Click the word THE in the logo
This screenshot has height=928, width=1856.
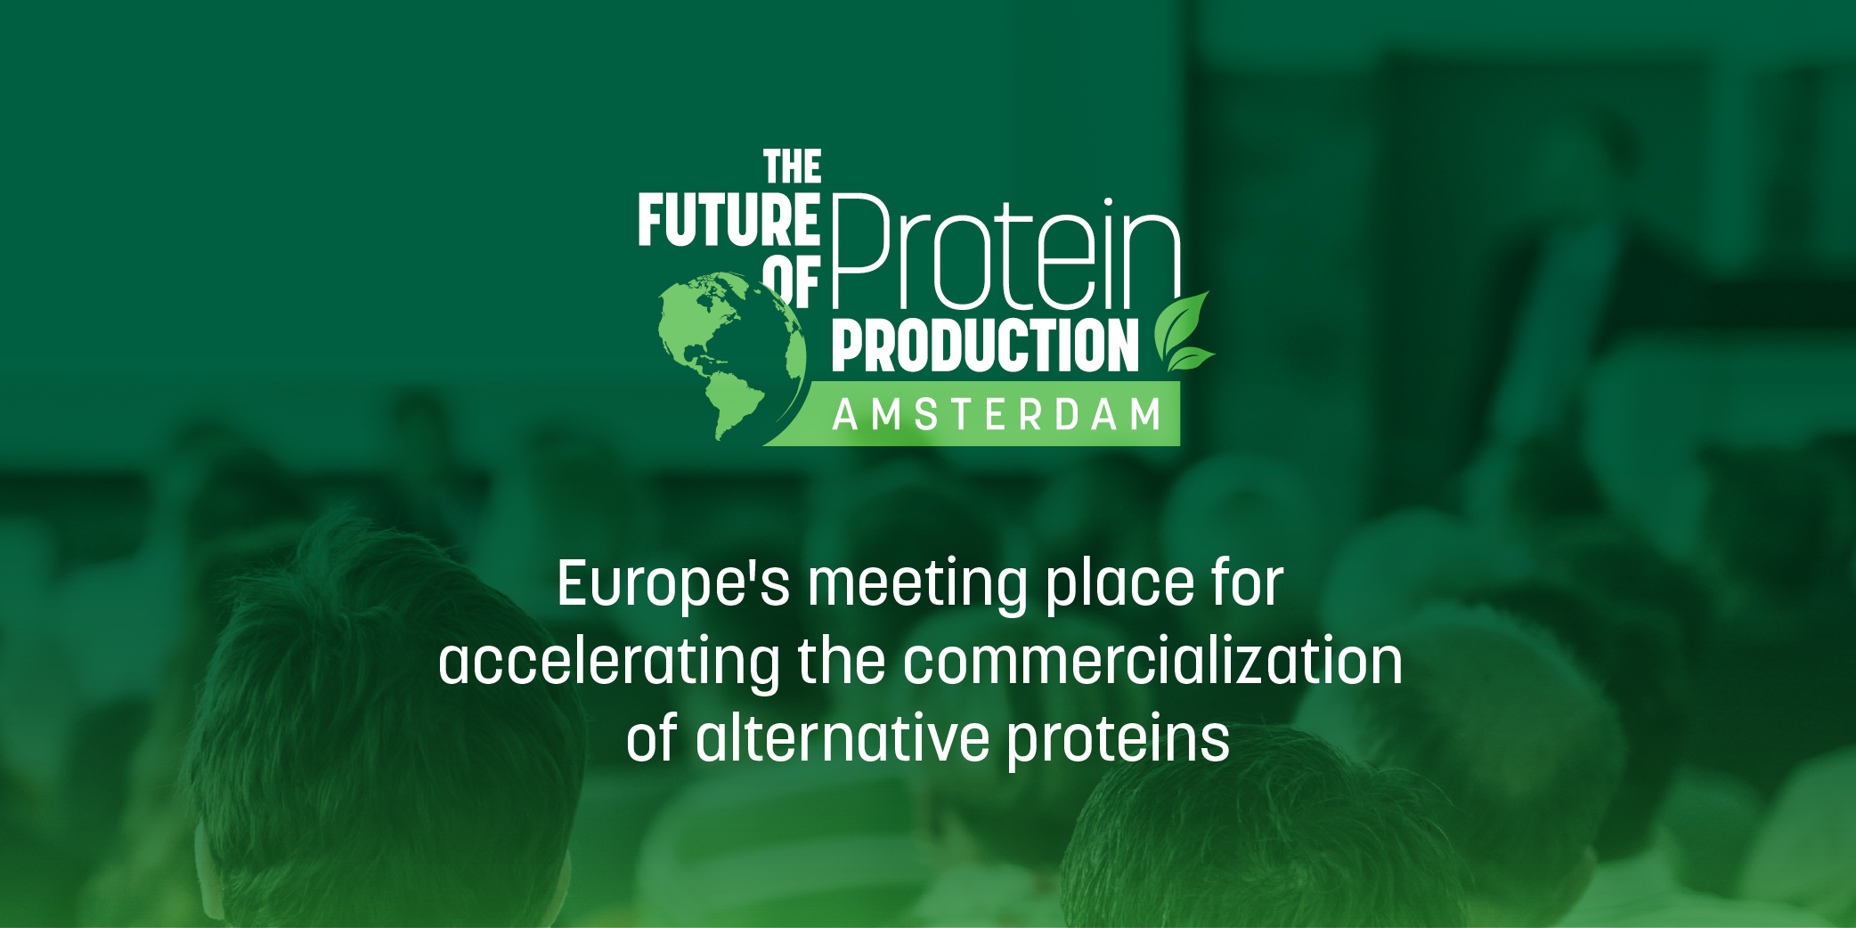click(x=793, y=167)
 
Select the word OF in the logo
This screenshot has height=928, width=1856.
click(x=792, y=282)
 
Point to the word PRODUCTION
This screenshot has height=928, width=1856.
click(x=985, y=346)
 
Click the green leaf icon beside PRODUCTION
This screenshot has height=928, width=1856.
click(x=1184, y=332)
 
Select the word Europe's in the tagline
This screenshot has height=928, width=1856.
click(x=673, y=585)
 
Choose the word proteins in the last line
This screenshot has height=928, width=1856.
click(x=1119, y=742)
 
